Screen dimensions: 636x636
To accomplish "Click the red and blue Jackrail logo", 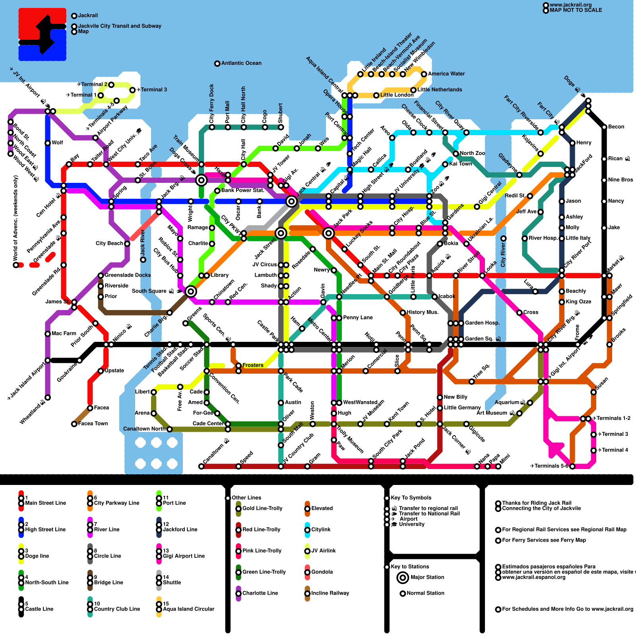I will click(43, 35).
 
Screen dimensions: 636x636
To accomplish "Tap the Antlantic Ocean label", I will click(241, 63).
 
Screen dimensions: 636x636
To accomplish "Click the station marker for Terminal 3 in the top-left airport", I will click(132, 90).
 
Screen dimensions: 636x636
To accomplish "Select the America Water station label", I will click(446, 74).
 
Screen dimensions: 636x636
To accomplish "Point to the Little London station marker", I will click(376, 95).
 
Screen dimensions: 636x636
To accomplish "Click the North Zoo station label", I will click(472, 153).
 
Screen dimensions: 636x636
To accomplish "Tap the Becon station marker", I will click(604, 127).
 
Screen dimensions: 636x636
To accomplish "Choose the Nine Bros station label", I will click(620, 180).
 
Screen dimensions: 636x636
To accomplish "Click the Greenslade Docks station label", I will click(127, 275).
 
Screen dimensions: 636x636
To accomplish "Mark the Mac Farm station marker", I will click(48, 334).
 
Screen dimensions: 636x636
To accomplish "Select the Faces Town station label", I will click(93, 424).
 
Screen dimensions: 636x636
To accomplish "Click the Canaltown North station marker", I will click(170, 429).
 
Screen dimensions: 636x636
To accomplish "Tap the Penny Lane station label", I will click(358, 318).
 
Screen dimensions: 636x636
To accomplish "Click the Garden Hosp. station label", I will click(482, 323).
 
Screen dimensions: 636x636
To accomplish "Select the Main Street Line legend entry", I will click(45, 503).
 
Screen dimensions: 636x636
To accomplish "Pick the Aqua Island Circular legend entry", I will click(188, 609).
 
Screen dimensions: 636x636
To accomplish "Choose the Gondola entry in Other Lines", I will click(322, 572).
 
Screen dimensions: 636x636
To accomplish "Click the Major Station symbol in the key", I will click(403, 578).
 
